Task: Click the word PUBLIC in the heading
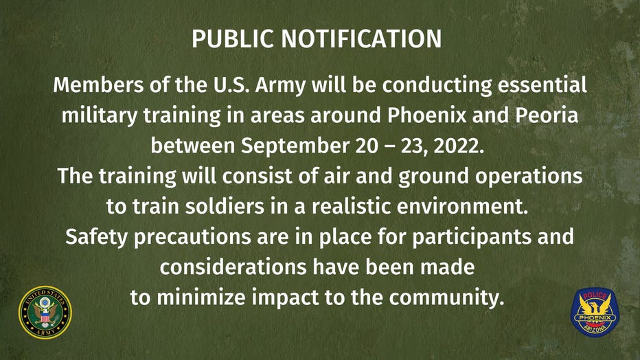233,38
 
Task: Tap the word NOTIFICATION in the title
361,38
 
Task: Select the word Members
98,85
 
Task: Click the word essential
542,85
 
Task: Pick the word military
100,116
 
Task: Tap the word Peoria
547,115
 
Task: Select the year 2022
458,146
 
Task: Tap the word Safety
96,238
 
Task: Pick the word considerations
233,267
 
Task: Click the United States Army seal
45,312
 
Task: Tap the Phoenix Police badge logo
595,312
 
